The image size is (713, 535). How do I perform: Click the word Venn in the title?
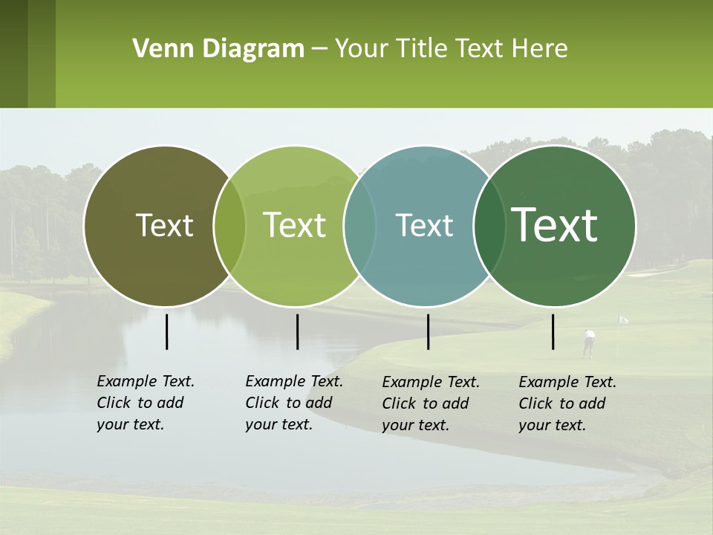pos(157,49)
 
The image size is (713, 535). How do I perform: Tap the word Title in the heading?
pos(420,49)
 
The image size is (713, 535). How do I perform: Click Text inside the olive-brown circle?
pos(164,225)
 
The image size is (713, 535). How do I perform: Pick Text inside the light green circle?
pos(295,225)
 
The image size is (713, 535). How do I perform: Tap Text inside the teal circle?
pos(424,225)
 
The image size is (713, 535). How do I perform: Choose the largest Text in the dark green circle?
pos(555,225)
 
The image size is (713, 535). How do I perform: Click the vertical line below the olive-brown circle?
pos(167,331)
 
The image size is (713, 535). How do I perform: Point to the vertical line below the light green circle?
pos(297,331)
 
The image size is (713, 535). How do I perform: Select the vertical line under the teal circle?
pos(428,331)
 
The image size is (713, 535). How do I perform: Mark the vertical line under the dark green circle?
pos(553,331)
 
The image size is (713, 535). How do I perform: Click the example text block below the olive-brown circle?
pos(146,403)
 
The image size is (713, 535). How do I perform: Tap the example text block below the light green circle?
pos(294,403)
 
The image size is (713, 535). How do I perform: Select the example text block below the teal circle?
pos(431,403)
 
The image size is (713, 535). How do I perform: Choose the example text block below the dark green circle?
pos(567,403)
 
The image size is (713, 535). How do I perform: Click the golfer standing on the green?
pos(589,343)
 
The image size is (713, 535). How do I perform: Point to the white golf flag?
pos(623,320)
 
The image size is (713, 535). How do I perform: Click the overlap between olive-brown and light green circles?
pos(229,226)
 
